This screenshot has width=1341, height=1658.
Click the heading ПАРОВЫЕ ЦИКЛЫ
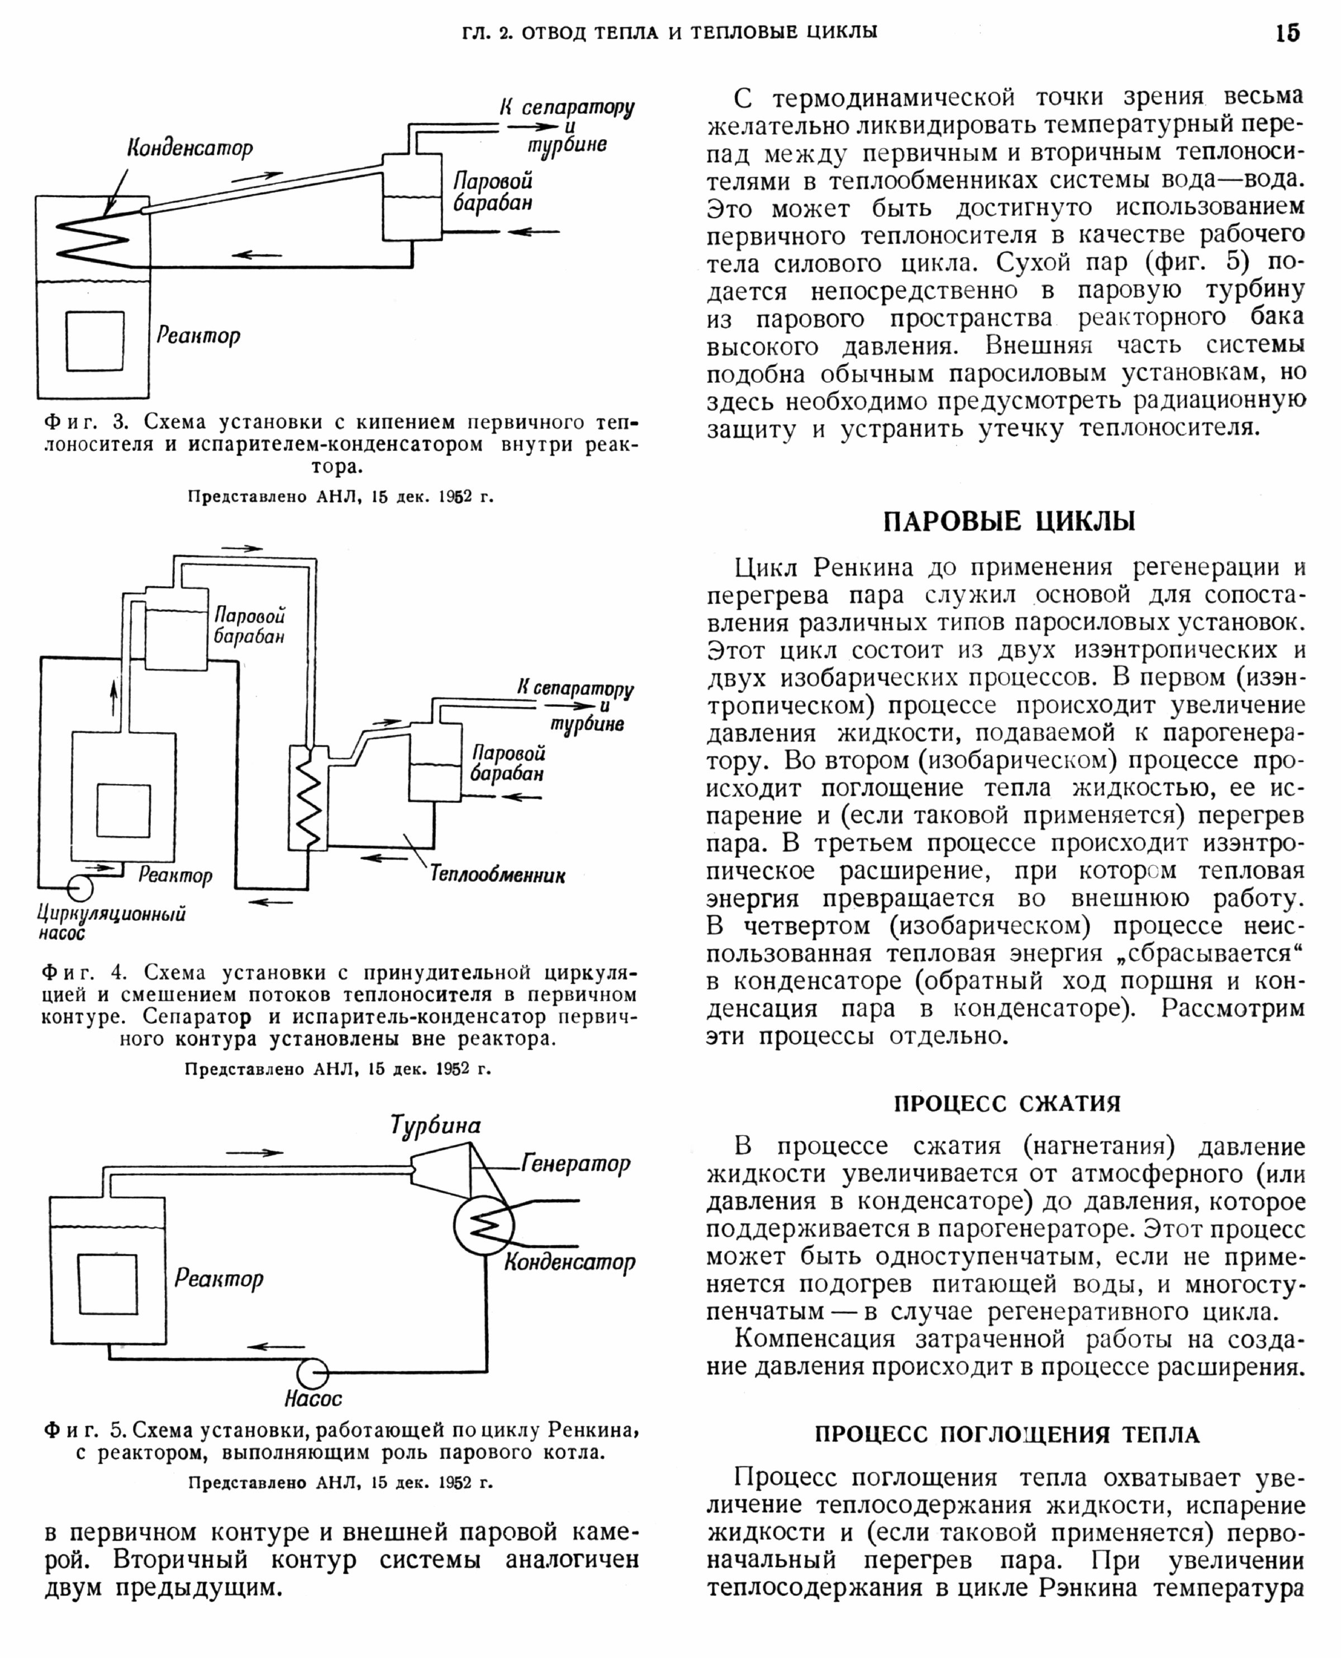pyautogui.click(x=1009, y=521)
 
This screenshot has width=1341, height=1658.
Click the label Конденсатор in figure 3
pyautogui.click(x=190, y=148)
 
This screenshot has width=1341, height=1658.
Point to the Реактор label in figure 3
pyautogui.click(x=198, y=335)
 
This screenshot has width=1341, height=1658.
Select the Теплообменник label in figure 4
pyautogui.click(x=497, y=875)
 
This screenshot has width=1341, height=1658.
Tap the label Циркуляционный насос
pyautogui.click(x=111, y=923)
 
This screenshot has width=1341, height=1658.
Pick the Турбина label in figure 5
pyautogui.click(x=436, y=1125)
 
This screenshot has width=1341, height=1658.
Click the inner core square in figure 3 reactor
pyautogui.click(x=95, y=341)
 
